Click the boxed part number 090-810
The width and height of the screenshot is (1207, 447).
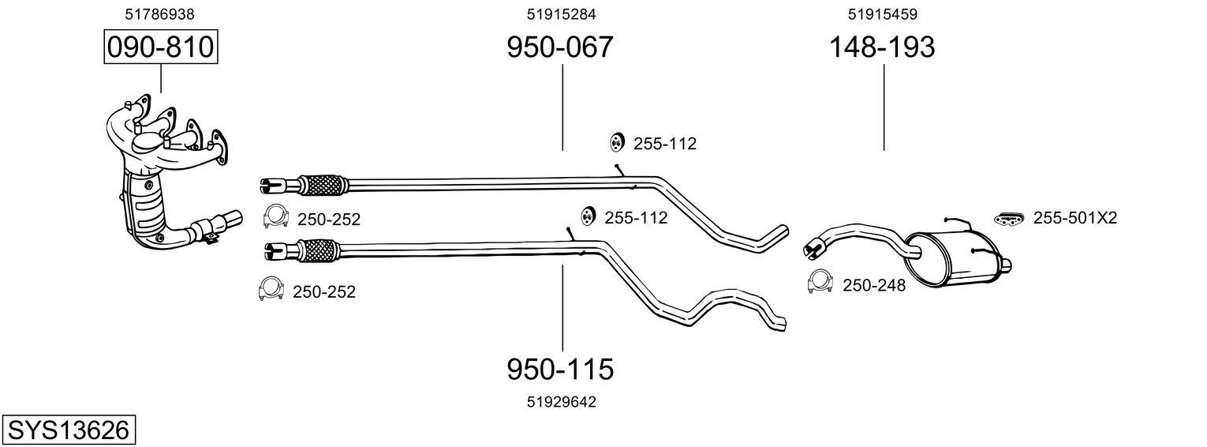tap(160, 47)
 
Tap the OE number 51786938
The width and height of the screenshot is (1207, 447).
tap(160, 13)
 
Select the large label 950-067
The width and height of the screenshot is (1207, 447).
tap(559, 47)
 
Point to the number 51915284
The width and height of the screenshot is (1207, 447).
tap(561, 13)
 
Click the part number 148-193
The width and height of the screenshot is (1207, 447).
tap(881, 47)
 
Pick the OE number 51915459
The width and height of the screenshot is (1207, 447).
tap(882, 13)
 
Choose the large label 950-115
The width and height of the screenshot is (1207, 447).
tap(559, 369)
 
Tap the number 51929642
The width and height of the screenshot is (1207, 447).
tap(561, 402)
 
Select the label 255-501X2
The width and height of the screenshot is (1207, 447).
tap(1075, 218)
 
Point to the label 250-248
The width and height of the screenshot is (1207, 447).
tap(874, 285)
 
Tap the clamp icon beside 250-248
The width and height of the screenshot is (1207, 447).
tap(820, 283)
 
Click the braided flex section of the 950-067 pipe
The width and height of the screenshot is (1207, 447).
tap(323, 185)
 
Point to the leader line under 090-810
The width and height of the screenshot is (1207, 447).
tap(161, 79)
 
